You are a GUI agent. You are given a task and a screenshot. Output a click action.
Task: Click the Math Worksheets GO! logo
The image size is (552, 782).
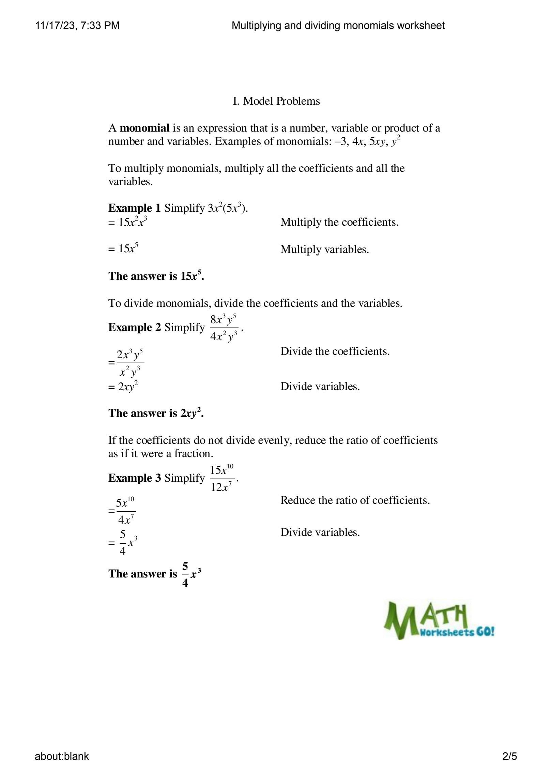coord(439,620)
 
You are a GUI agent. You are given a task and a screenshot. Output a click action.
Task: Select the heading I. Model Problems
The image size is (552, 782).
coord(276,101)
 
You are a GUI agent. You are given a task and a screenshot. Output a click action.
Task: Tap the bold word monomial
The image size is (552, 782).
coord(144,128)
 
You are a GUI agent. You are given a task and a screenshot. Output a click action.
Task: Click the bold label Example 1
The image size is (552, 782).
coord(134,208)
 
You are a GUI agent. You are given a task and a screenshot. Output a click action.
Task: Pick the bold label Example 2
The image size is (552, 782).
coord(134,327)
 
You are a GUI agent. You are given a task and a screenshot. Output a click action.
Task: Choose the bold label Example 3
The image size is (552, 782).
coord(134,478)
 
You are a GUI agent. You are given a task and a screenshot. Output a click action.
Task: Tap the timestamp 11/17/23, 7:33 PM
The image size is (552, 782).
coord(77,26)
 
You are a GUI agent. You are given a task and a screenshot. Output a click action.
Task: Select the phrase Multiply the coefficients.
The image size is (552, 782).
coord(339,222)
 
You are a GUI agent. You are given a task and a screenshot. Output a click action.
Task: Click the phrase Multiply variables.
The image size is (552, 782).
coord(324,250)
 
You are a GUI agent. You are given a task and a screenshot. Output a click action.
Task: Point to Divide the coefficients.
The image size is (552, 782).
coord(335,351)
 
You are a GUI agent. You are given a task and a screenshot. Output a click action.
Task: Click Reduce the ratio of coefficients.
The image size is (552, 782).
coord(355,500)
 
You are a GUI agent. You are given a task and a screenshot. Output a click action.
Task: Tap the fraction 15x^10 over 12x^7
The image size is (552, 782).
coord(222,478)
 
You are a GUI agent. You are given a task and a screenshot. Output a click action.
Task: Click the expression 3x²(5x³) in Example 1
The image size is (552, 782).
coord(226,208)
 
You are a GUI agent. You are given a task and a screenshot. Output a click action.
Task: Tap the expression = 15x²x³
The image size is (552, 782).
coord(127,222)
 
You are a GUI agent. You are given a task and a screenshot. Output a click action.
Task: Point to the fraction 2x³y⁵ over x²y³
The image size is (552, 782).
coord(130,363)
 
